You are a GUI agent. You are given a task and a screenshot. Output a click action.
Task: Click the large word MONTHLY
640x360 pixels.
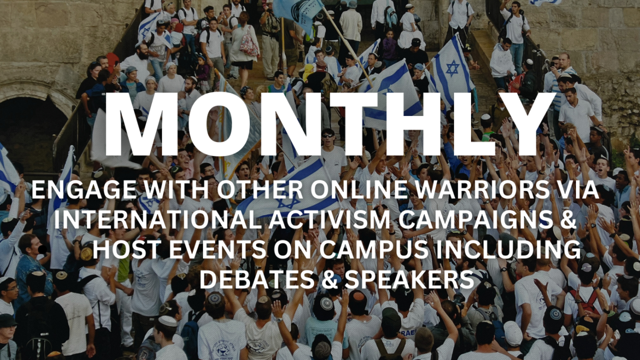click(x=329, y=124)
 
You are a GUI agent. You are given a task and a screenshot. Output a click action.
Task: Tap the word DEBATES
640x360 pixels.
click(x=258, y=280)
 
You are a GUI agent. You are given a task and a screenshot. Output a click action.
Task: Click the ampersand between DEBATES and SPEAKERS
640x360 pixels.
click(x=331, y=280)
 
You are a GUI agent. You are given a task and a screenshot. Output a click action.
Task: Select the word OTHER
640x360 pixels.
click(x=260, y=189)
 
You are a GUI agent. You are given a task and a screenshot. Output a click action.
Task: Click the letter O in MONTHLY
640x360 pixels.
click(x=205, y=124)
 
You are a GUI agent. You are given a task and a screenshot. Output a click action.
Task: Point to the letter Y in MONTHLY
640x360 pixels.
click(x=527, y=124)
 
